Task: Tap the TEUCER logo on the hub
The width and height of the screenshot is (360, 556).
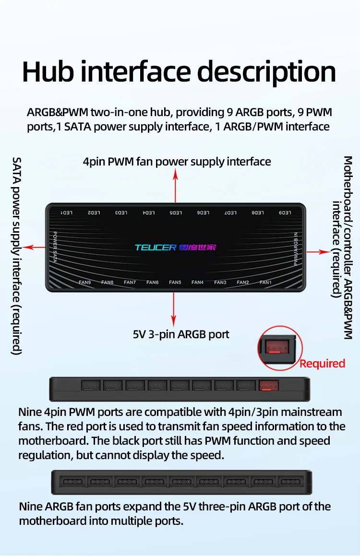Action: coord(156,248)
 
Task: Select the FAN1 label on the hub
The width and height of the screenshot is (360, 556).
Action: coord(265,283)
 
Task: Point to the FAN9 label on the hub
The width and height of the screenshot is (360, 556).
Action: coord(85,283)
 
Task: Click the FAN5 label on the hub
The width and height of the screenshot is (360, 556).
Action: coord(175,283)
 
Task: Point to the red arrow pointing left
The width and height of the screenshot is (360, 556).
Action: coord(34,247)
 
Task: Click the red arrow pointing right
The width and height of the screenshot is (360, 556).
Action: coord(317,251)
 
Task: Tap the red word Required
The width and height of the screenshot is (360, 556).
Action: coord(322,364)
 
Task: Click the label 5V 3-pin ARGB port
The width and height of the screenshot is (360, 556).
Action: coord(181,334)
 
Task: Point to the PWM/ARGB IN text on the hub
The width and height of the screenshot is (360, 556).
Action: coord(296,249)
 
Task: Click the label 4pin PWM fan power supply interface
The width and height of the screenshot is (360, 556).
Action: coord(177,162)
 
